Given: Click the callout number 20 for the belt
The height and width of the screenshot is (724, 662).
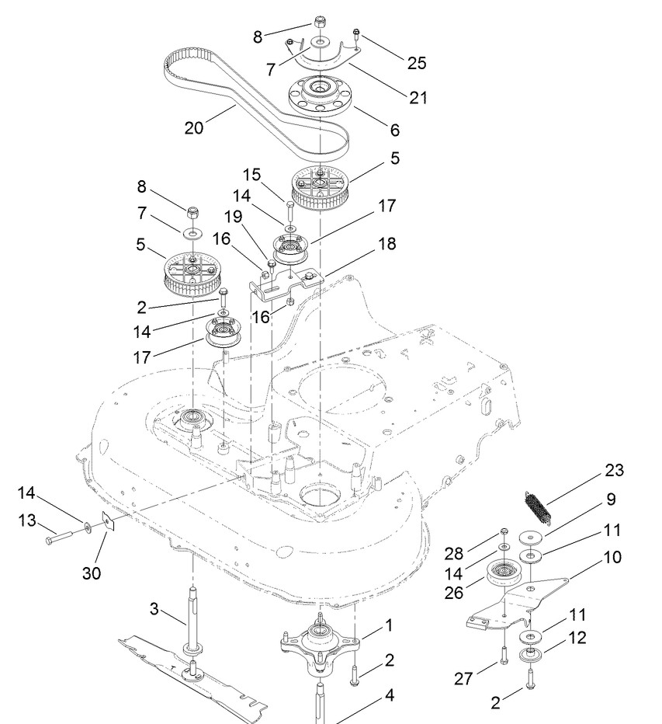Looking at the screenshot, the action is coord(194,127).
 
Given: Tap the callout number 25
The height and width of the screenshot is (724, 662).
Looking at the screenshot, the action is coord(416,63).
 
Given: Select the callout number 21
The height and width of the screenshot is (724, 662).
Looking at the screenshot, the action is coord(418,97).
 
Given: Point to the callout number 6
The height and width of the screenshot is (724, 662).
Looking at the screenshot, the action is coord(394,130).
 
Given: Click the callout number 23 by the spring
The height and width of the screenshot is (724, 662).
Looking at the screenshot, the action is coord(614,470).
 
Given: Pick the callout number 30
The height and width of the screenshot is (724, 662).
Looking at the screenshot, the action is coord(92,573).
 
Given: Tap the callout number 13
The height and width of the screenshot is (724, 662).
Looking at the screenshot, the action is coord(27,520).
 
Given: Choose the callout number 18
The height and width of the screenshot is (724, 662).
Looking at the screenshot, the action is coord(387,243).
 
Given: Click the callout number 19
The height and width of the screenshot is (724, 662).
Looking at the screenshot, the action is coord(233,216).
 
